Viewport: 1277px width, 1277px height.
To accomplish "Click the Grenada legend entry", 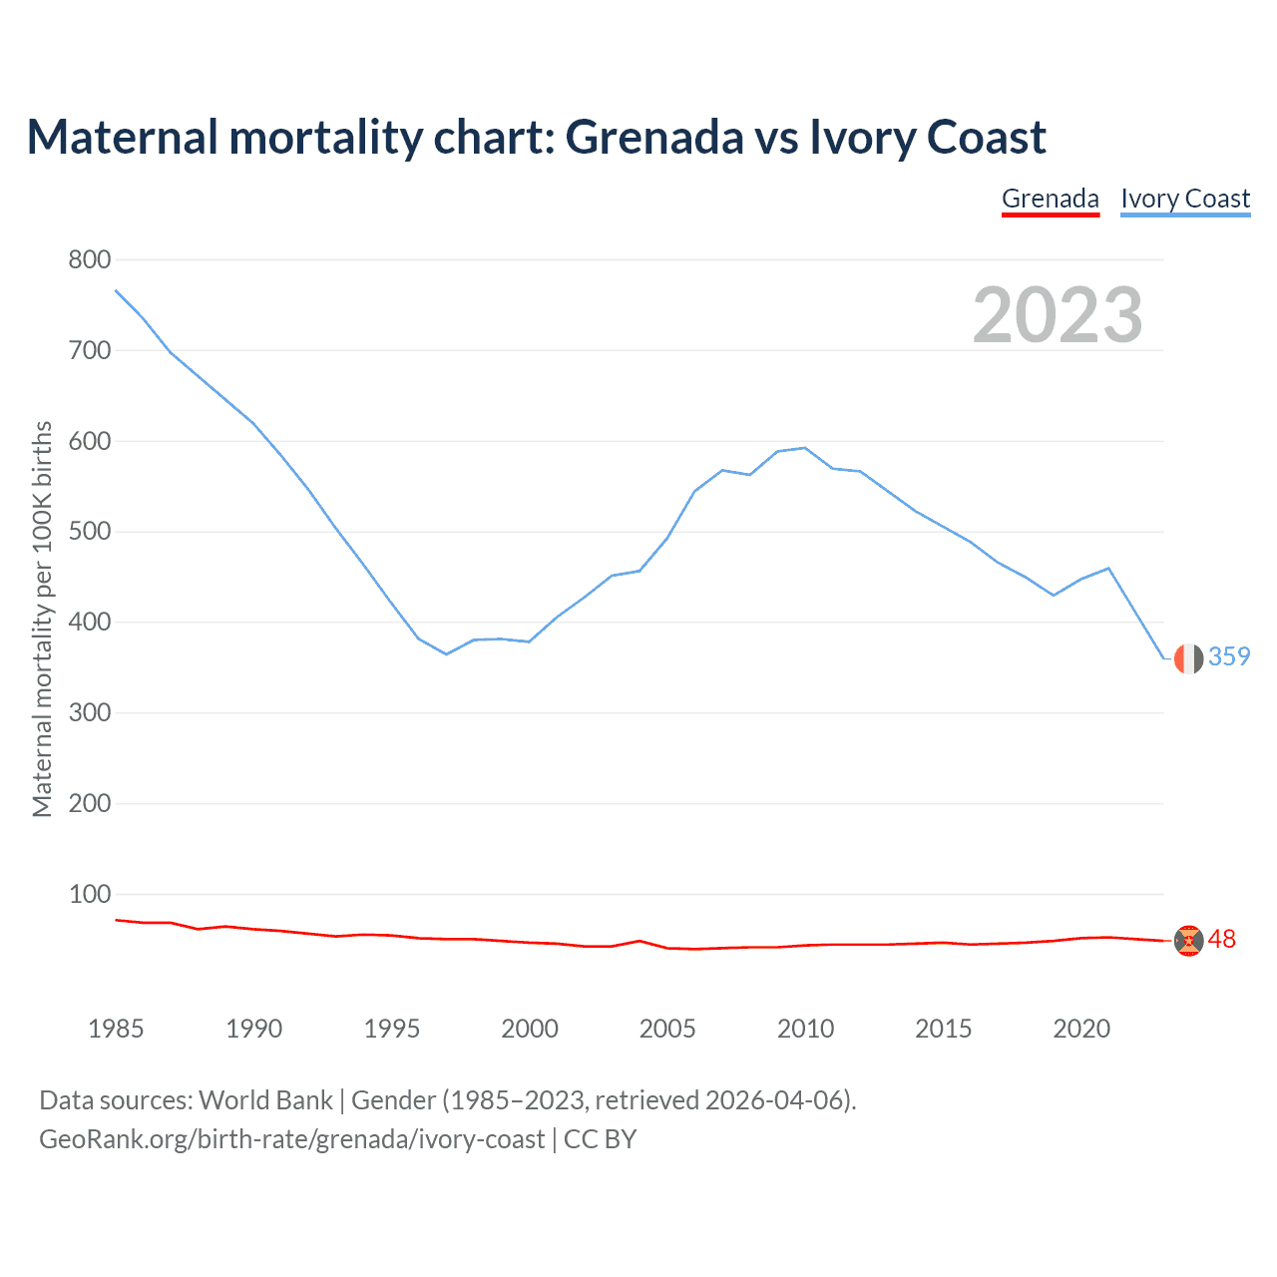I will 1050,199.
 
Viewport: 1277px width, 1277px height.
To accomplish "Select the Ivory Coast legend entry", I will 1185,199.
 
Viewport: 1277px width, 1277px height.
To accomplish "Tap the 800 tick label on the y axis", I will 89,260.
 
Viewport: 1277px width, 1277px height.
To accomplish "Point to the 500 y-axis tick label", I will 89,532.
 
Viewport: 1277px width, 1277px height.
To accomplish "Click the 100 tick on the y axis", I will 89,895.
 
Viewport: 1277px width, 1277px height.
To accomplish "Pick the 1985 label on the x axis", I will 116,1029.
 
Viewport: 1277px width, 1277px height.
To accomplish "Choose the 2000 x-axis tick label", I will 530,1029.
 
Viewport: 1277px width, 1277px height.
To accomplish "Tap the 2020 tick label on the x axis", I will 1081,1029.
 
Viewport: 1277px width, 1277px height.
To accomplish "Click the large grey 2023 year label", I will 1058,315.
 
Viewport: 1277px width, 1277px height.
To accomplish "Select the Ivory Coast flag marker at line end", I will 1188,658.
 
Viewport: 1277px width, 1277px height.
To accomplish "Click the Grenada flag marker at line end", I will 1188,940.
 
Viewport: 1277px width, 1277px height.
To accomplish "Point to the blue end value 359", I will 1229,656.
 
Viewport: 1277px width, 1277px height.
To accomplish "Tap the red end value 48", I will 1222,940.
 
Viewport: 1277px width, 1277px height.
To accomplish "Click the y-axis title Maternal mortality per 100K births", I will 42,619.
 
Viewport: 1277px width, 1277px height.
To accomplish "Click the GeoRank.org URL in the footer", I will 291,1139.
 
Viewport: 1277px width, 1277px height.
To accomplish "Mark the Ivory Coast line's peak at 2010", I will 805,448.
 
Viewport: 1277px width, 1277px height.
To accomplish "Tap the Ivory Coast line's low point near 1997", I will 446,654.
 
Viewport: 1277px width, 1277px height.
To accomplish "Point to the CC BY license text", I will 601,1139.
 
